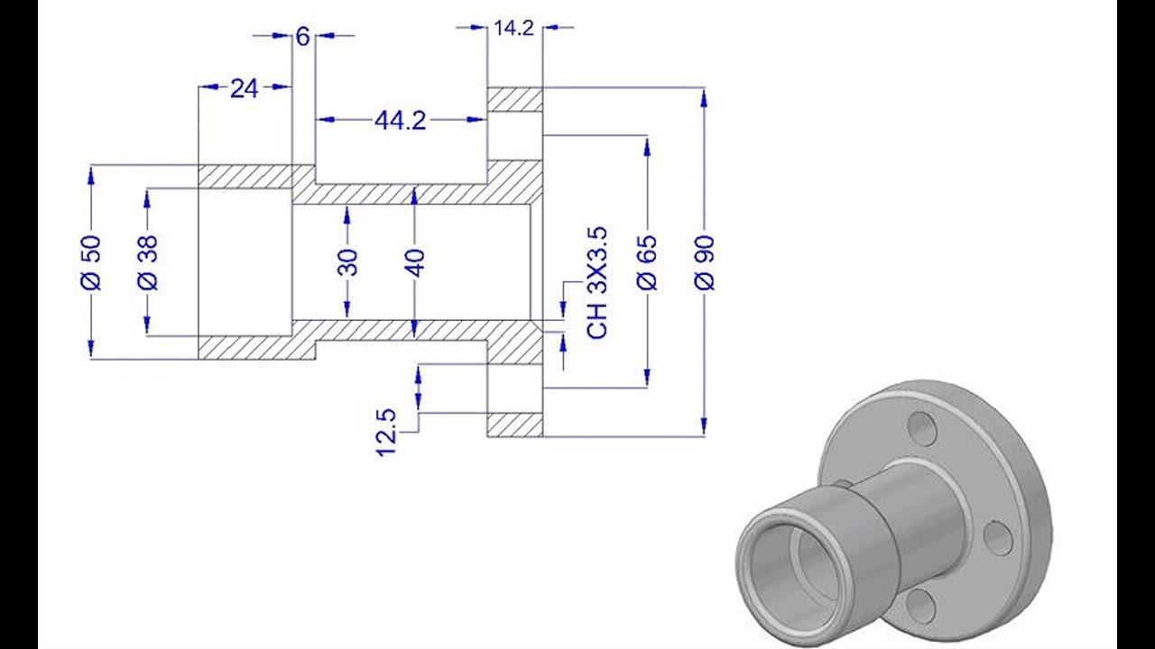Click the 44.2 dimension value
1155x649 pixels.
pyautogui.click(x=400, y=120)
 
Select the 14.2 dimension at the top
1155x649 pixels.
pyautogui.click(x=514, y=28)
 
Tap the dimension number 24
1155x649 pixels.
pyautogui.click(x=244, y=87)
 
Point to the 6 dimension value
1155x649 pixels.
pyautogui.click(x=302, y=36)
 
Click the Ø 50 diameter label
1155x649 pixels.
pyautogui.click(x=92, y=262)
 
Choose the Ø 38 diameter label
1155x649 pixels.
pyautogui.click(x=149, y=262)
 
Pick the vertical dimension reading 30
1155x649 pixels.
pyautogui.click(x=349, y=261)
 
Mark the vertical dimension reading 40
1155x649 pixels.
pyautogui.click(x=414, y=261)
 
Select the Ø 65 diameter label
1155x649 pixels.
pyautogui.click(x=647, y=262)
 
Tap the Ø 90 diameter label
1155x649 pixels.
pyautogui.click(x=705, y=262)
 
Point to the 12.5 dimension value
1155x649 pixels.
pyautogui.click(x=386, y=432)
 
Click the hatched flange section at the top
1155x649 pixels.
pyautogui.click(x=515, y=99)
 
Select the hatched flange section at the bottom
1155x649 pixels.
pyautogui.click(x=515, y=425)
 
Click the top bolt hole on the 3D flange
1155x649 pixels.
pyautogui.click(x=922, y=425)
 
